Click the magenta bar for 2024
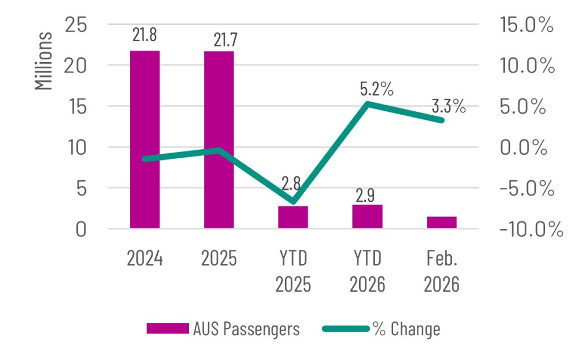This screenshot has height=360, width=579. pos(145,140)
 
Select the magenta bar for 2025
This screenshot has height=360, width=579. pos(219,140)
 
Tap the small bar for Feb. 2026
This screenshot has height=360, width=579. pos(442,223)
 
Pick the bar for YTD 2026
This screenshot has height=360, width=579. pos(368,217)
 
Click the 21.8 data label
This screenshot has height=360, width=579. pos(145,34)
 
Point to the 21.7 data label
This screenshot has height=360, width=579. pos(226,40)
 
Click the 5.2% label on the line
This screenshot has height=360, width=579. pos(377,89)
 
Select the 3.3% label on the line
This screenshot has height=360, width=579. pos(448,106)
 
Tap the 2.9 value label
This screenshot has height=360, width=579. pos(365,196)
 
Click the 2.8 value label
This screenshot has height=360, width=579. pos(291,183)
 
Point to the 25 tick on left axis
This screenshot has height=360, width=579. pos(76,25)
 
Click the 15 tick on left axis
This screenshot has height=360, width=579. pos(76,107)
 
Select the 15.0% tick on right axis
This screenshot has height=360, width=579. pos(526,25)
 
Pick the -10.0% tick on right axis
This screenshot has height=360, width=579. pos(532,229)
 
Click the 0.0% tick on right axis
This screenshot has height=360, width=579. pos(523,148)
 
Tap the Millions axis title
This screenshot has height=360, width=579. pos(44,61)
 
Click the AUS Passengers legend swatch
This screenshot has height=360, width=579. pos(167,328)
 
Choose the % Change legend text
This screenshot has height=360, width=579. pos(406,328)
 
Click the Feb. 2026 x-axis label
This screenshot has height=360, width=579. pos(442,271)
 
